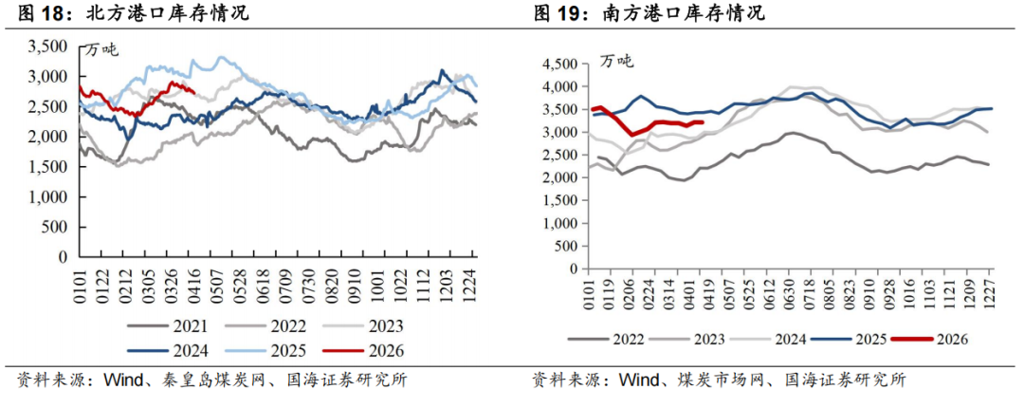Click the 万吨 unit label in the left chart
tap(103, 49)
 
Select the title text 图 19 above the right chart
tap(555, 14)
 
